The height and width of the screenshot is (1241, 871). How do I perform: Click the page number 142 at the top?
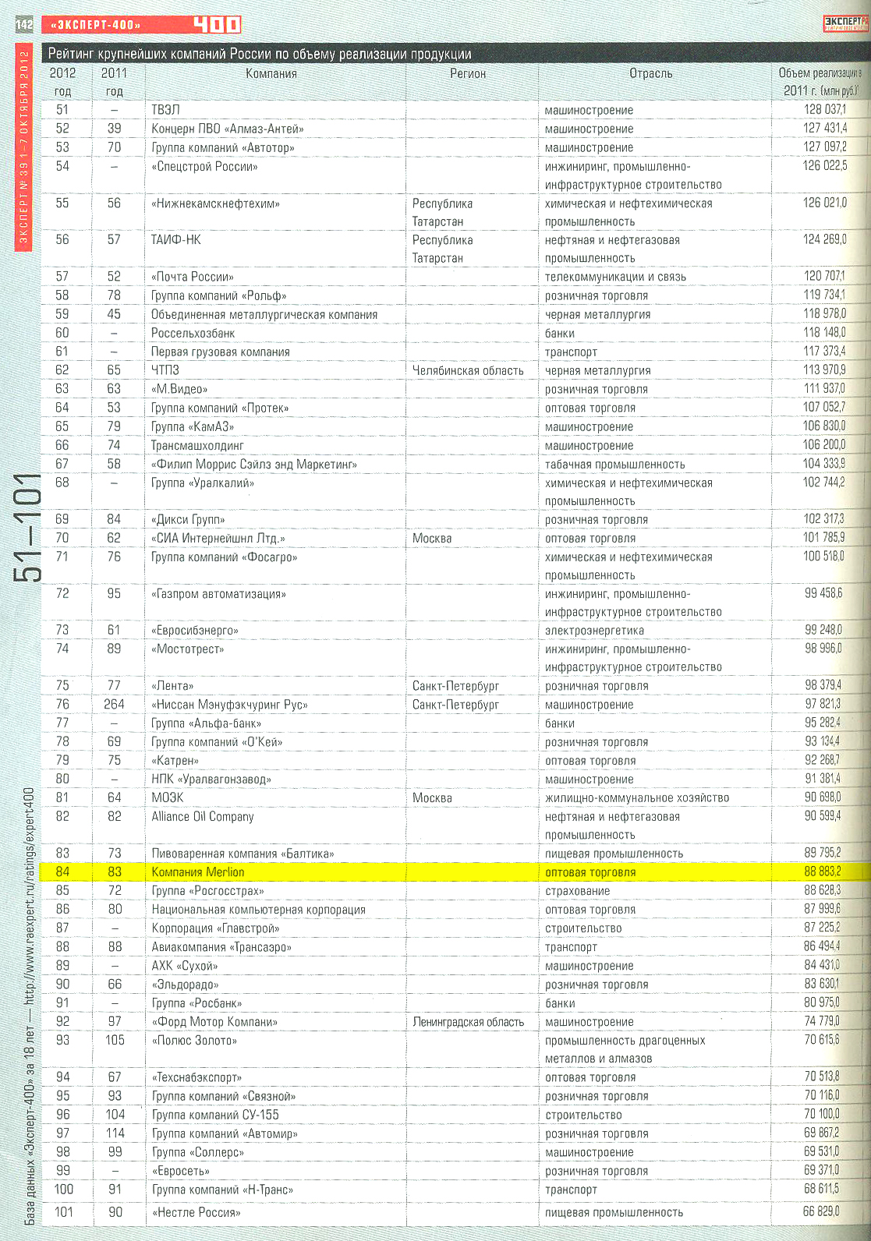(24, 25)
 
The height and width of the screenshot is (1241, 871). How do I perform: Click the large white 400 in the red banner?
(217, 25)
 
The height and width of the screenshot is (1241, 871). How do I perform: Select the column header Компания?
(271, 73)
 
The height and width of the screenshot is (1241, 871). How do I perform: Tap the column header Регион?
(468, 73)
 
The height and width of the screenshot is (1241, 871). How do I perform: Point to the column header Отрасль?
(650, 73)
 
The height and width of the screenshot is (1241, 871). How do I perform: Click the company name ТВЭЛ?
(165, 110)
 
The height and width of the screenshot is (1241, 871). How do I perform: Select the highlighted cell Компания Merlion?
(198, 872)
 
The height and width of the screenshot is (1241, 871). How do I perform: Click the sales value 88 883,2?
(822, 872)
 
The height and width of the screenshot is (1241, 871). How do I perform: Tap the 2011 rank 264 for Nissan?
(114, 705)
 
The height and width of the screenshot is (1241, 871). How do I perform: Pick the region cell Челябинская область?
(468, 370)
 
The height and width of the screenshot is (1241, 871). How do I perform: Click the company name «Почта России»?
(193, 277)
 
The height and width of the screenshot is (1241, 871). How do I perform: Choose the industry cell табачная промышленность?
(615, 465)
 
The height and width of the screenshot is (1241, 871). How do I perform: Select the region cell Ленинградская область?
(468, 1022)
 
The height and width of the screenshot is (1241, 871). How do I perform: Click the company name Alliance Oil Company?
(203, 817)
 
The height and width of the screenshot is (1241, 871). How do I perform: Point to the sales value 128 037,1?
(824, 110)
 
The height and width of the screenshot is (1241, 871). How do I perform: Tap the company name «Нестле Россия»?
(197, 1212)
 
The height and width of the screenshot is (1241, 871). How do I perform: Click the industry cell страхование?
(578, 891)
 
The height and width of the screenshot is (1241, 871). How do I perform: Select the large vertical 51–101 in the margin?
(27, 527)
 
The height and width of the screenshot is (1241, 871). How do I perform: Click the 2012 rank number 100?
(63, 1190)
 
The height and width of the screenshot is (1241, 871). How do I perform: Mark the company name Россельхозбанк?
(193, 333)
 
